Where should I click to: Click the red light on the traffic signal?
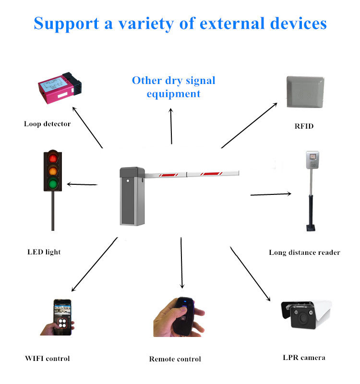(x=53, y=158)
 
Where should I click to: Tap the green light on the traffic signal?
(x=53, y=184)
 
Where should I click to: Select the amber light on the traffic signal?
(x=53, y=171)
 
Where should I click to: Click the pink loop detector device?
(x=60, y=88)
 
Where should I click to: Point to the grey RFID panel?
(x=305, y=92)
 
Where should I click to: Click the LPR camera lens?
(x=303, y=318)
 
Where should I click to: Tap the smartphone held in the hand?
(x=62, y=317)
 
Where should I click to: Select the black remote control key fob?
(x=184, y=316)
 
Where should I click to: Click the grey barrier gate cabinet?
(x=132, y=196)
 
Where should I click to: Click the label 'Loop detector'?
(x=47, y=124)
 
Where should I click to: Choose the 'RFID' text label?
(x=304, y=126)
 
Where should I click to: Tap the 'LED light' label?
(x=44, y=252)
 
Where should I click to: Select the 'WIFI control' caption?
(x=47, y=359)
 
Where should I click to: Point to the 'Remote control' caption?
(x=175, y=359)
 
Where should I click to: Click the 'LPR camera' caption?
(x=304, y=358)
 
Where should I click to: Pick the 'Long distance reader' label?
(x=304, y=252)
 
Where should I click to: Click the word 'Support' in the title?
(x=66, y=24)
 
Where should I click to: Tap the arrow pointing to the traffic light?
(x=82, y=184)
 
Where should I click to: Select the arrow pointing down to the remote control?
(x=181, y=263)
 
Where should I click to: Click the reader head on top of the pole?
(x=312, y=160)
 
